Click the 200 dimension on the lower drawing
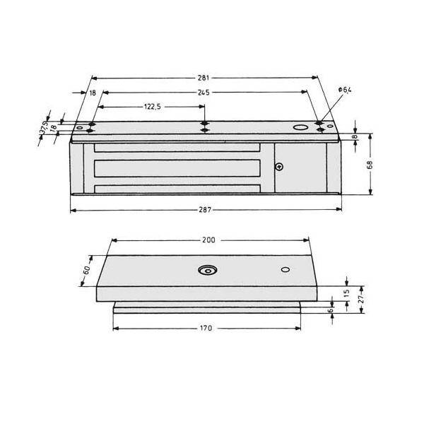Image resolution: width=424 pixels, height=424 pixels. click(208, 240)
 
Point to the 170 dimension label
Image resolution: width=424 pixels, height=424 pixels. click(206, 328)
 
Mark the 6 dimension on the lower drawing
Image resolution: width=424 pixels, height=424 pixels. click(330, 310)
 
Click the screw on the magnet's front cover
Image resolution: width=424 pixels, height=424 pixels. click(280, 167)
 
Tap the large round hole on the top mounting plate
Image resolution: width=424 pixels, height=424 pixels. click(300, 129)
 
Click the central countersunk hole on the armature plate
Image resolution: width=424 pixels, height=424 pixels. click(207, 271)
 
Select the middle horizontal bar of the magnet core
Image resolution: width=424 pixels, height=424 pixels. click(177, 170)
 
